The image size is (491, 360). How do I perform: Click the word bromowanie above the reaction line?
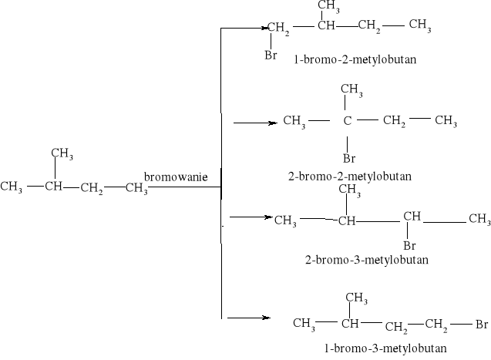(x=176, y=177)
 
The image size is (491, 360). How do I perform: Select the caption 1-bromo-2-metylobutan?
(x=355, y=59)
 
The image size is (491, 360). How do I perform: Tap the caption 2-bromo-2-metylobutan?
(x=349, y=177)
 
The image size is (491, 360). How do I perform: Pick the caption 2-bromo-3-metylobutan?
(x=366, y=260)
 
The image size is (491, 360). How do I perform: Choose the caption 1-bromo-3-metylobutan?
(x=385, y=348)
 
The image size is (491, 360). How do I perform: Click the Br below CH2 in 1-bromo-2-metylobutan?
(x=271, y=55)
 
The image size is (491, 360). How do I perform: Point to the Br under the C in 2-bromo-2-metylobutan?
(x=348, y=159)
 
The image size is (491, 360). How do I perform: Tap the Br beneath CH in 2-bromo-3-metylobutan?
(x=411, y=245)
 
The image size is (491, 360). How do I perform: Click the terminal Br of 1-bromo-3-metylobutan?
(x=480, y=325)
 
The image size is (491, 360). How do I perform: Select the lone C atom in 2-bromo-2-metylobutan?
(x=348, y=121)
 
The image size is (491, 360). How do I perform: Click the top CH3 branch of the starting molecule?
(x=62, y=153)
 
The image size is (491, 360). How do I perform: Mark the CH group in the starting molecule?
(x=53, y=187)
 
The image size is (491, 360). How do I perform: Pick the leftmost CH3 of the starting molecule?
(x=12, y=187)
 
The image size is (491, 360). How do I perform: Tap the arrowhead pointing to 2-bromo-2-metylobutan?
(x=271, y=123)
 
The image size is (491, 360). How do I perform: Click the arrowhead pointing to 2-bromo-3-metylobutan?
(x=268, y=217)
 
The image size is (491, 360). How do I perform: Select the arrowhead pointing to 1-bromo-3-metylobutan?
(x=265, y=318)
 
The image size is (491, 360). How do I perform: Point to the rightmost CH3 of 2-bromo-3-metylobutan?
(x=479, y=220)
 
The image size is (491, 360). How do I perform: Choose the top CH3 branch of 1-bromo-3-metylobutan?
(x=355, y=298)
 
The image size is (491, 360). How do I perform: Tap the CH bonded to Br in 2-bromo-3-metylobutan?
(x=412, y=217)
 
